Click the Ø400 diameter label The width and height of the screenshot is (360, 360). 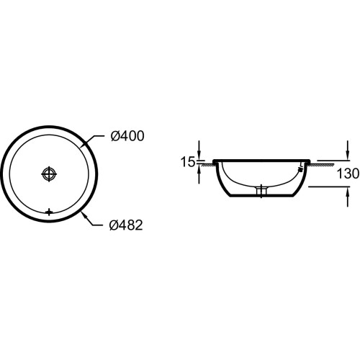[127, 136]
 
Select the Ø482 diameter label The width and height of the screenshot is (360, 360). [126, 225]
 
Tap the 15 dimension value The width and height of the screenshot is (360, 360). [188, 162]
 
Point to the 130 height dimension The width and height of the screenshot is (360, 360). [348, 174]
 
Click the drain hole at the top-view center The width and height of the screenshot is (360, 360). [49, 174]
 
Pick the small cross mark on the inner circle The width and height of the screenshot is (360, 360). [49, 212]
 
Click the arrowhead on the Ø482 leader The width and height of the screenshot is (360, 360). [84, 215]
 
